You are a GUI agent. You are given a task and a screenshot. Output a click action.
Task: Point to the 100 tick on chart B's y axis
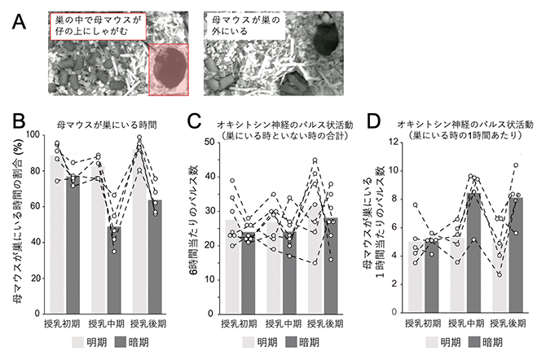(x=33, y=134)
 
